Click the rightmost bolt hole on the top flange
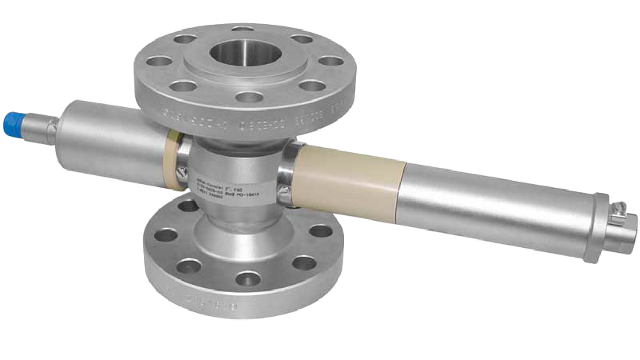coord(328,61)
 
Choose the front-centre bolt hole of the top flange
coord(246,96)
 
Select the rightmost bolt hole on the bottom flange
coord(319,231)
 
